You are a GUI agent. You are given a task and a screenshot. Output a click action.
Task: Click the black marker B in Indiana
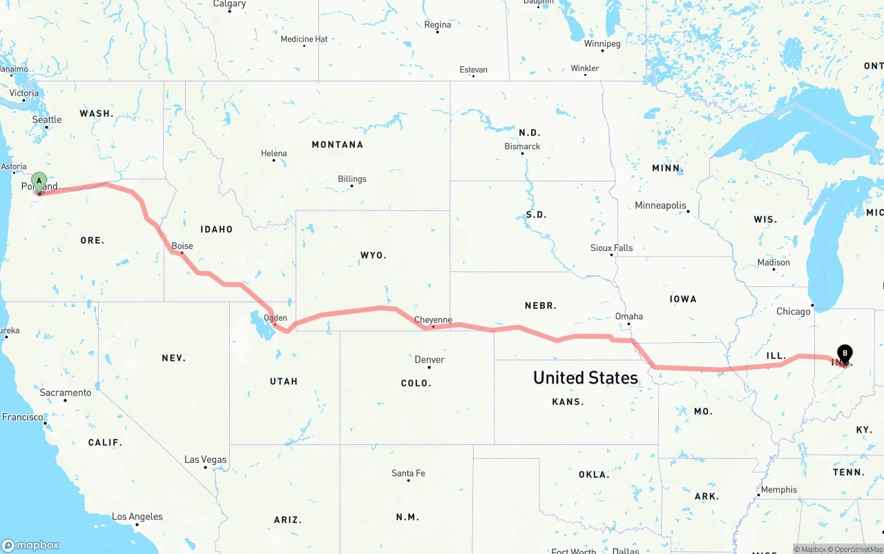845,354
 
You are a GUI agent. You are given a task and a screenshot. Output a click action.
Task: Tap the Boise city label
182,246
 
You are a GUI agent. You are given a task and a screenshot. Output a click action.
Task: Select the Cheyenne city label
433,320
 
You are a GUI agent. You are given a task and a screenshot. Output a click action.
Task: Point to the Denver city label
430,359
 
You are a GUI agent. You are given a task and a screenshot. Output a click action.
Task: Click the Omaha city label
628,317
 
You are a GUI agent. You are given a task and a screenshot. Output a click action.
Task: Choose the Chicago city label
794,312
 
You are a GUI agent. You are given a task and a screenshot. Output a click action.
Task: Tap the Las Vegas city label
205,460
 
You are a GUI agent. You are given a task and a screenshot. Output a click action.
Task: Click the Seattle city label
47,120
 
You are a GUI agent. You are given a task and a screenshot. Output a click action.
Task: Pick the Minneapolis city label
661,206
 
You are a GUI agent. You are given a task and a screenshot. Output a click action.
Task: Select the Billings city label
352,179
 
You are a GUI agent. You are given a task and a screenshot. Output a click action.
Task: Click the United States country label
586,377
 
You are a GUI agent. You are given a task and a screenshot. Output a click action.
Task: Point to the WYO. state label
374,255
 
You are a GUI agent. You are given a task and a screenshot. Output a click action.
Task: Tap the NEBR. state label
541,306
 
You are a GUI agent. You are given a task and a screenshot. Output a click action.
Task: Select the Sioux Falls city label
611,248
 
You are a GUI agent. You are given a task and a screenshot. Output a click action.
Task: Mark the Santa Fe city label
408,473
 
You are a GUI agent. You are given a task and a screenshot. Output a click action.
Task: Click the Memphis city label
779,490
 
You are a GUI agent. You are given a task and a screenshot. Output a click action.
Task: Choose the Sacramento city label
66,393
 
